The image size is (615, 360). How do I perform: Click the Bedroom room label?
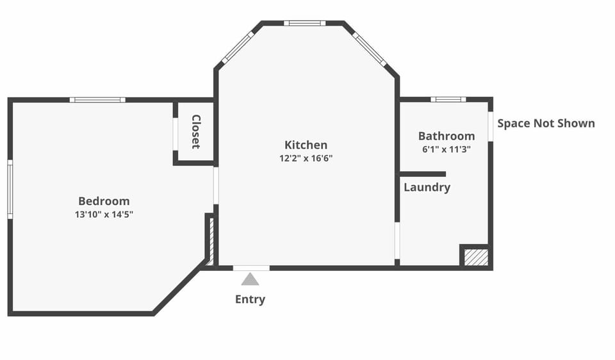(x=104, y=201)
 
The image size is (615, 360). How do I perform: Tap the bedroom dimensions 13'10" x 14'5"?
(x=104, y=215)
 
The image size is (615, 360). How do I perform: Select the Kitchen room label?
(x=306, y=145)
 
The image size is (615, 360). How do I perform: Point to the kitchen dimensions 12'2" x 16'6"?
(x=306, y=158)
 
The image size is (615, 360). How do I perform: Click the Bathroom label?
(x=447, y=136)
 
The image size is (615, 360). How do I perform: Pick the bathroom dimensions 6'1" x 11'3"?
(x=447, y=149)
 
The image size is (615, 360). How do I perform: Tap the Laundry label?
(x=427, y=188)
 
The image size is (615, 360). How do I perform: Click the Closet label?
(x=196, y=132)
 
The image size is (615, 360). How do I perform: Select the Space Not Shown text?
(x=546, y=124)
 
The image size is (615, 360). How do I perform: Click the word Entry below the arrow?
(x=250, y=300)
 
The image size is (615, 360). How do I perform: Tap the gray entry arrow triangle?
(x=250, y=279)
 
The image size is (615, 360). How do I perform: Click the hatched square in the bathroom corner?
(x=477, y=258)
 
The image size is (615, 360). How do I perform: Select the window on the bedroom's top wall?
(x=97, y=100)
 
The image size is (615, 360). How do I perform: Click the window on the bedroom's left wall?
(x=10, y=189)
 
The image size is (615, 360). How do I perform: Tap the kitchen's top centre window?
(x=305, y=23)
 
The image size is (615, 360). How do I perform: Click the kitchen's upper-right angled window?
(x=369, y=49)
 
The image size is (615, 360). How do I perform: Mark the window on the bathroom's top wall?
(x=448, y=99)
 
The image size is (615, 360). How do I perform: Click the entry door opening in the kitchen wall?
(x=251, y=268)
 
